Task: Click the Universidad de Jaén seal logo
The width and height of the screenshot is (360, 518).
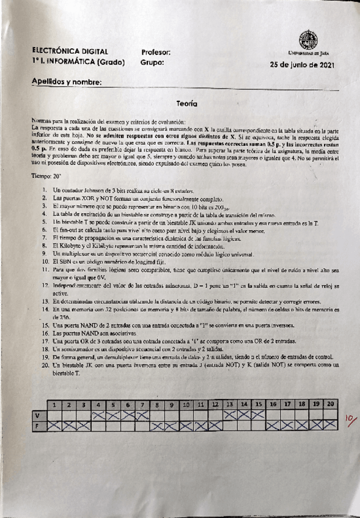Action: point(308,41)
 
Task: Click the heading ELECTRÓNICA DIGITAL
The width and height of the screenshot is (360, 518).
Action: point(70,52)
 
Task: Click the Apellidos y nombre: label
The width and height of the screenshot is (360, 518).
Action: point(67,82)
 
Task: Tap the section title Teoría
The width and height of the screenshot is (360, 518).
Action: point(186,104)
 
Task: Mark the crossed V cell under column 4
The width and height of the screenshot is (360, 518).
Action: point(98,415)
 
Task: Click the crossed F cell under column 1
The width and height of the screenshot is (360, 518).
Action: point(54,426)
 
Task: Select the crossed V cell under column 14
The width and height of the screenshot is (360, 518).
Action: point(244,415)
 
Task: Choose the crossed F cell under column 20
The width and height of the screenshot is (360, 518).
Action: point(331,426)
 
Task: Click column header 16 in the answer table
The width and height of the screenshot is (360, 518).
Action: point(273,404)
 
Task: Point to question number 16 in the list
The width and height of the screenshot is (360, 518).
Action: point(46,335)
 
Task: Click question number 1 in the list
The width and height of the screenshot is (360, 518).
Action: point(46,191)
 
